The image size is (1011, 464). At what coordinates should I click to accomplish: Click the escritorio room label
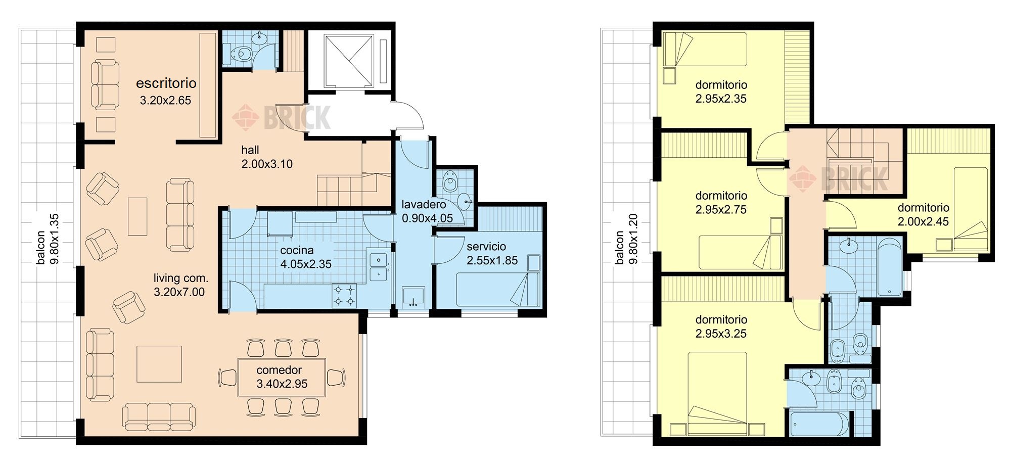click(166, 83)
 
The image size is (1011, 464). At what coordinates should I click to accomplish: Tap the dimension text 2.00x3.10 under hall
click(267, 164)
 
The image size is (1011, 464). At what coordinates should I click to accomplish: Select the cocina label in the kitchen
click(297, 250)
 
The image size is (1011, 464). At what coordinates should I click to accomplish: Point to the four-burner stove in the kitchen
click(344, 296)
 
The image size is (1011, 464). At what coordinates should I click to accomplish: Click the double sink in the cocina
click(378, 267)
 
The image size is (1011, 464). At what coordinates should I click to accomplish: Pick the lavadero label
click(424, 205)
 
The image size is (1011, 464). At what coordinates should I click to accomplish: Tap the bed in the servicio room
click(498, 289)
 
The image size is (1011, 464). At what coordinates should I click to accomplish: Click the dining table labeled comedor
click(282, 378)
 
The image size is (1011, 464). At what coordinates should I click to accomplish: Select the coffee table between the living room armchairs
click(137, 216)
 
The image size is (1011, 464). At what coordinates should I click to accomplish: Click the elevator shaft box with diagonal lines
click(348, 61)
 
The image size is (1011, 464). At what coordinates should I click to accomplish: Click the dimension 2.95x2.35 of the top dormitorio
click(721, 99)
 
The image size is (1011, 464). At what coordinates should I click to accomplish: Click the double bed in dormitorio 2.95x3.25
click(718, 393)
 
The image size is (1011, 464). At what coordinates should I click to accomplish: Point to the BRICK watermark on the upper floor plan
click(839, 177)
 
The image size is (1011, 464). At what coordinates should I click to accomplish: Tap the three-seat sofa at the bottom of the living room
click(159, 416)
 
